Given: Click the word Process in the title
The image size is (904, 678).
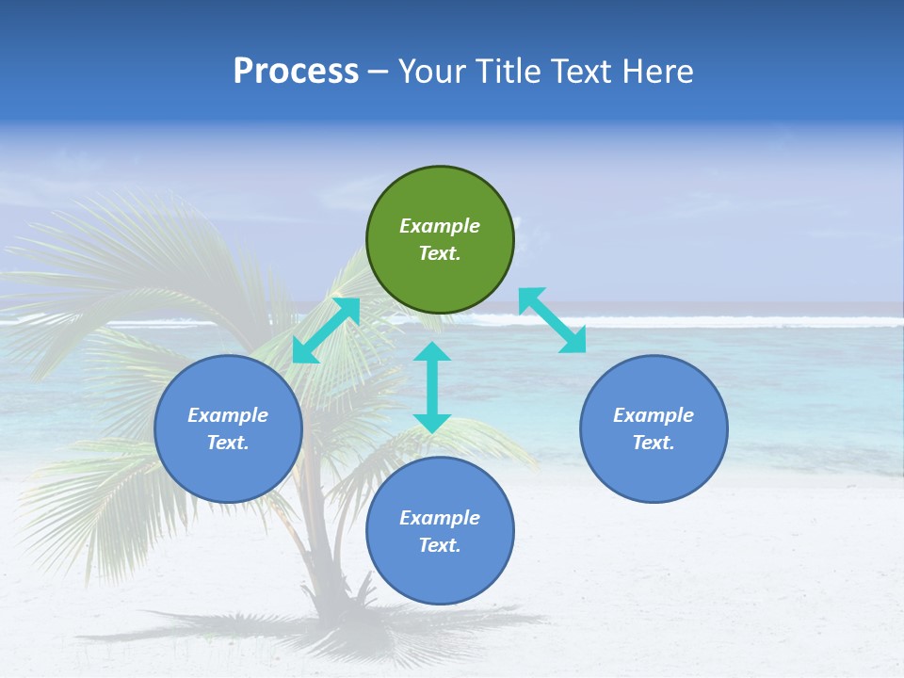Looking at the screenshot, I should tap(296, 72).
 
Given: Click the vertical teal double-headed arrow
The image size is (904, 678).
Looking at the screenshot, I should tap(432, 387).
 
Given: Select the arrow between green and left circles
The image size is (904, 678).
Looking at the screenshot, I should tap(326, 331).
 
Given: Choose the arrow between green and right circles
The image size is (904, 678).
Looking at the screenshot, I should tap(553, 320).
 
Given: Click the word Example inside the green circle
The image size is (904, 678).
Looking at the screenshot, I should tap(440, 226).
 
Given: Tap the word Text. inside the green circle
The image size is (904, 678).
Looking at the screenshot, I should tap(440, 253).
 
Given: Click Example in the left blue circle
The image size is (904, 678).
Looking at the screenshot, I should tap(228, 415).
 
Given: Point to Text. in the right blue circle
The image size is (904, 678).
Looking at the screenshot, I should tap(654, 443).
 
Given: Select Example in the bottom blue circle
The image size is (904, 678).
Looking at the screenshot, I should tap(440, 518).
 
